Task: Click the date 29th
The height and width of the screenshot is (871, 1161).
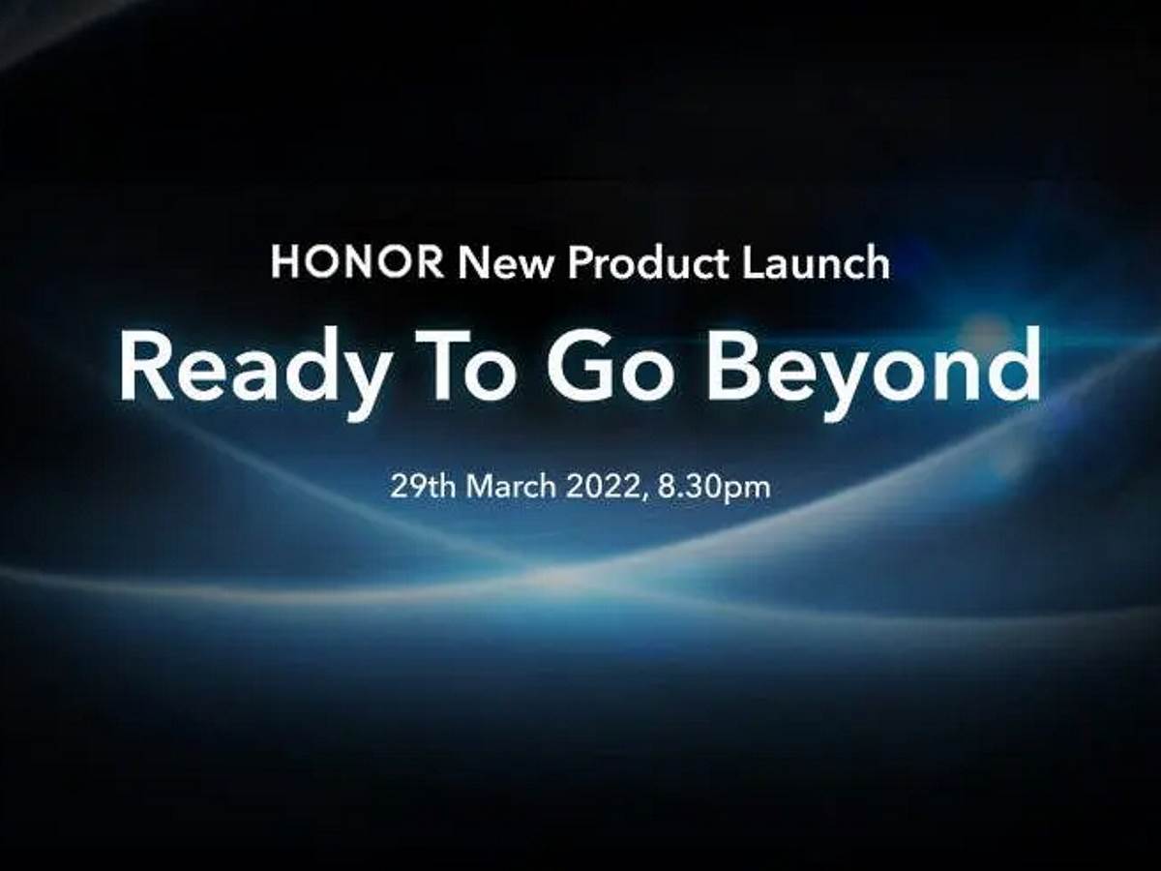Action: (423, 486)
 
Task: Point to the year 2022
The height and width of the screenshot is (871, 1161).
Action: (604, 486)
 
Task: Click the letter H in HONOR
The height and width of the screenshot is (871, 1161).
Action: (284, 263)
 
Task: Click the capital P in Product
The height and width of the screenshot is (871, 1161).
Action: (578, 263)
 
